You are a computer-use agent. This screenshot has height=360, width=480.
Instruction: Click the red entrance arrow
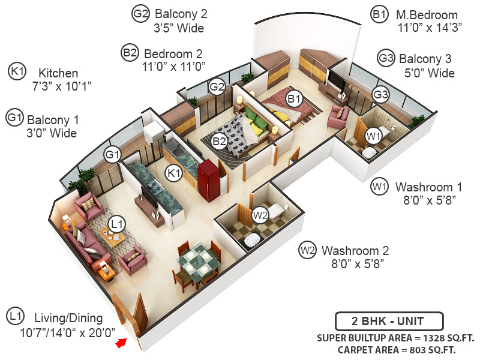click(x=122, y=343)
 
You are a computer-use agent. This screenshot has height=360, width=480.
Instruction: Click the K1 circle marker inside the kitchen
click(x=174, y=173)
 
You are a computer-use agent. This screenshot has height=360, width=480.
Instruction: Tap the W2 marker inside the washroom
click(x=259, y=214)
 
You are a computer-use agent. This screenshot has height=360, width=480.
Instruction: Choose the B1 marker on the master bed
click(x=293, y=98)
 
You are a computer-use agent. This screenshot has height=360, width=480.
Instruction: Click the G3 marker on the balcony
click(x=380, y=94)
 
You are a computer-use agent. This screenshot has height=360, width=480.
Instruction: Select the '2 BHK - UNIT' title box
click(x=389, y=320)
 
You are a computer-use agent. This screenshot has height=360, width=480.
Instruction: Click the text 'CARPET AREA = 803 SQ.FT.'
click(x=396, y=349)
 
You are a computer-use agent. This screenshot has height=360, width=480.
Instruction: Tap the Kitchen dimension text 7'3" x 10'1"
click(x=61, y=86)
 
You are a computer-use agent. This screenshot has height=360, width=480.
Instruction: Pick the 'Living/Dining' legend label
click(x=68, y=318)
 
